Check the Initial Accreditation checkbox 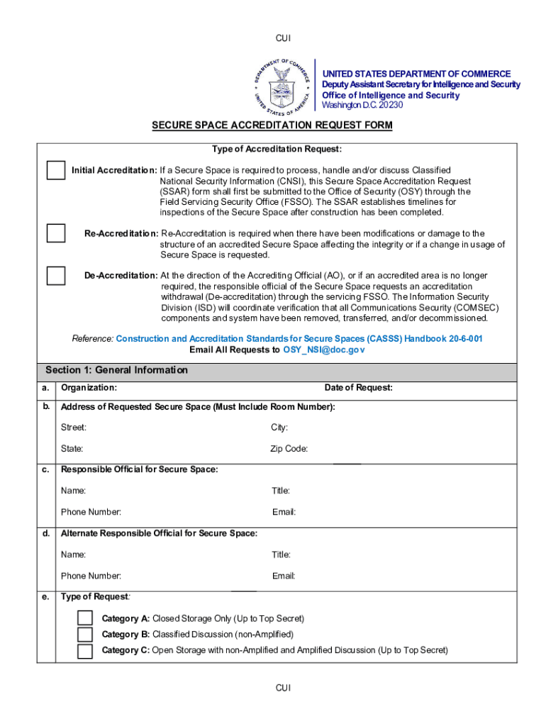(56, 171)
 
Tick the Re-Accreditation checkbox (56, 233)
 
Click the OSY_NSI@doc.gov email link (324, 350)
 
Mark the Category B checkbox (85, 635)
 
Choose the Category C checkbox (85, 651)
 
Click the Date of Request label (358, 388)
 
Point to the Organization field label (89, 388)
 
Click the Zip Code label (289, 449)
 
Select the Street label (74, 428)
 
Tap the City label (279, 428)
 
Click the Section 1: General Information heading (117, 370)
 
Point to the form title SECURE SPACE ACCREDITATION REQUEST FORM (272, 125)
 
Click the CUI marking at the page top (283, 38)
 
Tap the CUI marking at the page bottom (283, 688)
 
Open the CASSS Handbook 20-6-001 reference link (299, 339)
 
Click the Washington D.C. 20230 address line (362, 105)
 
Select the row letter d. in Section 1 (45, 533)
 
